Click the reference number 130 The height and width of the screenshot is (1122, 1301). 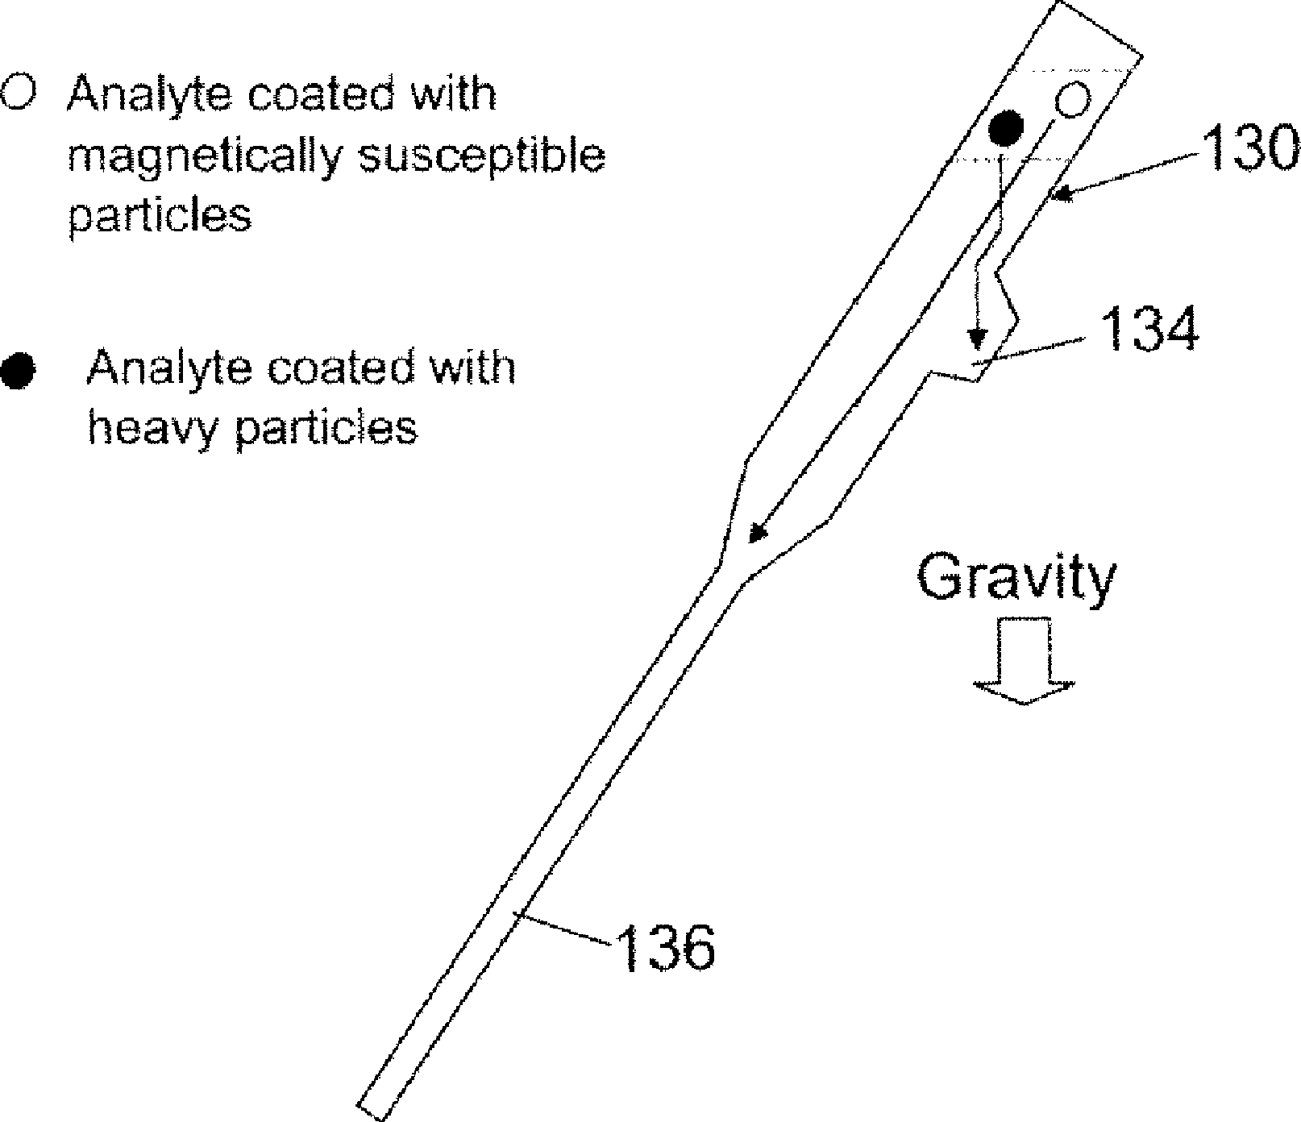point(1249,151)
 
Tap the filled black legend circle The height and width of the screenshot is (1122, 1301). point(19,372)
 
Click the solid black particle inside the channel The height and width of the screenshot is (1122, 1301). point(1006,127)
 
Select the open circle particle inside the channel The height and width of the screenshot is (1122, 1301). point(1072,102)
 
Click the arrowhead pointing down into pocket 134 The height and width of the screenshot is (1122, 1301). point(977,338)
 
